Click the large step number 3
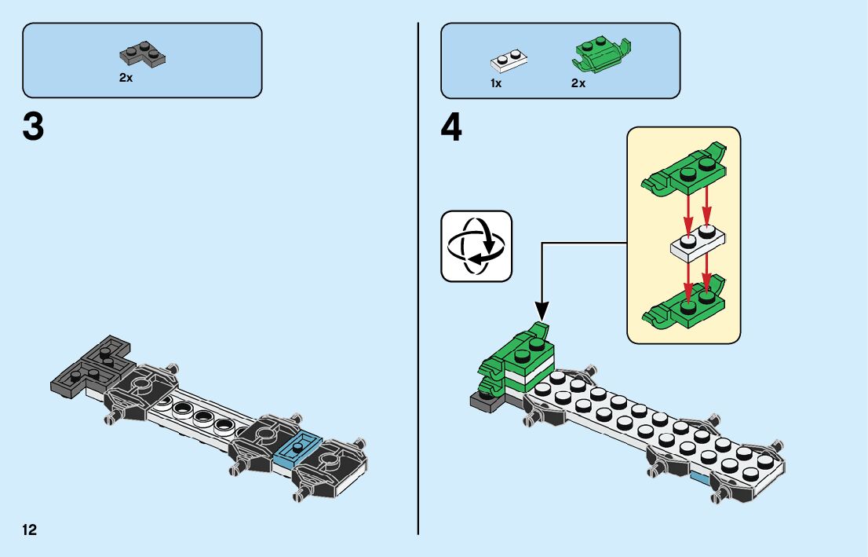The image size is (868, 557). [33, 127]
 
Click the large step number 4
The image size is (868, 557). [451, 127]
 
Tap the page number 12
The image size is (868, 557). [30, 529]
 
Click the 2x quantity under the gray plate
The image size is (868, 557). [126, 78]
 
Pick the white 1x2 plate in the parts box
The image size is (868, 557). [508, 60]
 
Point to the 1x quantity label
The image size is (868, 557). [496, 83]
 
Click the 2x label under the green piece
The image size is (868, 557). [578, 83]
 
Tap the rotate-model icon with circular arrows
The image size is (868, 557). [476, 246]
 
